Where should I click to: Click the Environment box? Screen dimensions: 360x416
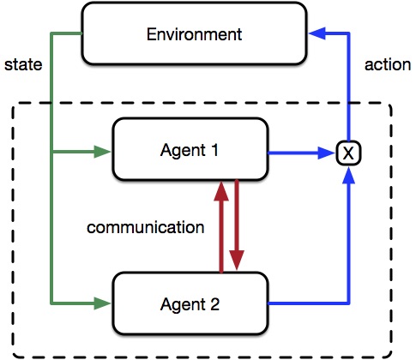[x=194, y=35]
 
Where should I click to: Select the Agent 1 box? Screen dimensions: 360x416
[x=190, y=151]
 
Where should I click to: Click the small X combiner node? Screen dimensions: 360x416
[x=347, y=153]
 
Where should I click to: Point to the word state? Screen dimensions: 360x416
[x=22, y=65]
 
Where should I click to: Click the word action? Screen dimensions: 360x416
[x=385, y=65]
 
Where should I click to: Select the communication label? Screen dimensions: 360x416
[x=146, y=228]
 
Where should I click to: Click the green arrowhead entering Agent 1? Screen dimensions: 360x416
[x=103, y=153]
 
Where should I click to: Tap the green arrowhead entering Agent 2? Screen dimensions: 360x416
[x=103, y=303]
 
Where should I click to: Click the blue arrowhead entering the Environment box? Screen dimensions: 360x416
[x=317, y=34]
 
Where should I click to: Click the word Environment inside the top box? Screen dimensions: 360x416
[x=194, y=35]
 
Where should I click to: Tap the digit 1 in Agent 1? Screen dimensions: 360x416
[x=214, y=151]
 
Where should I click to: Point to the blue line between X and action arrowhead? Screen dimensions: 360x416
[x=347, y=94]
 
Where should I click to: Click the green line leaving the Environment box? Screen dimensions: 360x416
[x=65, y=34]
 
